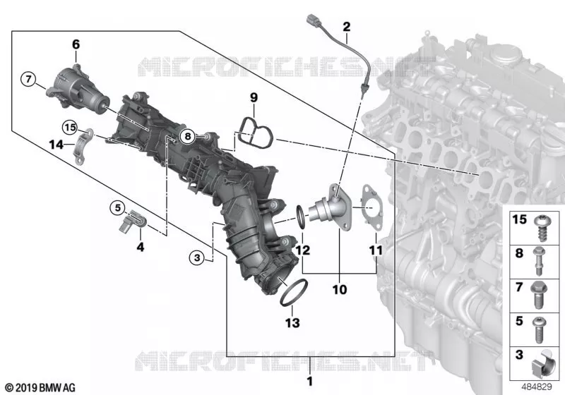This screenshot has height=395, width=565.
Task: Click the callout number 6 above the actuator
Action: [x=76, y=44]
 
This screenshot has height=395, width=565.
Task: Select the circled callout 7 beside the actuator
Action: [x=28, y=78]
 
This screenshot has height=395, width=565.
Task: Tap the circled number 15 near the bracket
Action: [x=70, y=127]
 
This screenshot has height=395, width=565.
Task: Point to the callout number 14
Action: [x=56, y=145]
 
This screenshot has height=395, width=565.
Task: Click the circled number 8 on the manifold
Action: [x=187, y=136]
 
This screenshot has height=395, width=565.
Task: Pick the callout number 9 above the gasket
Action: [x=254, y=97]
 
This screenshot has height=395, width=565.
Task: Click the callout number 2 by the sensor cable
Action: [x=346, y=27]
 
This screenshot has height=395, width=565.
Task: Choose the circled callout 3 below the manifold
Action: [x=197, y=257]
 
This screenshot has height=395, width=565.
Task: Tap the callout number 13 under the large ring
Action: [x=292, y=322]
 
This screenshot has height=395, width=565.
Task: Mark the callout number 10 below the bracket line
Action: [x=340, y=289]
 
